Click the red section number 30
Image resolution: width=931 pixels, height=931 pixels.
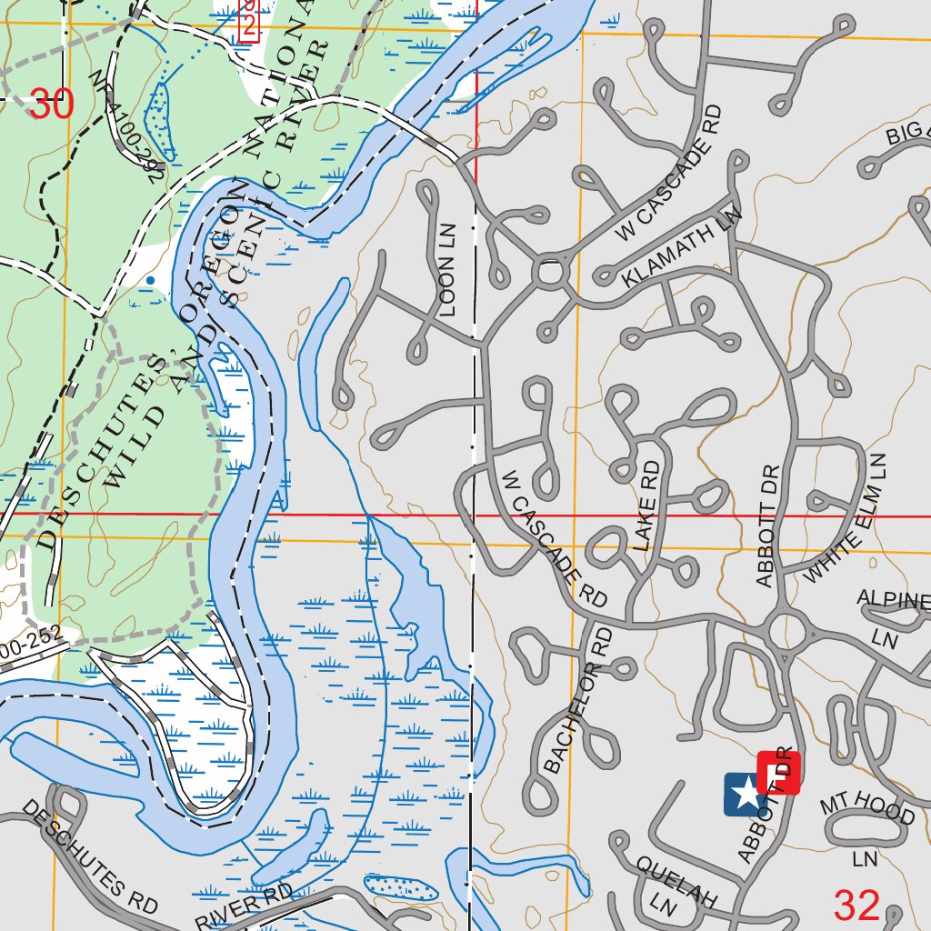[51, 104]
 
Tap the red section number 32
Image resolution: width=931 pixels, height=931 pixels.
[856, 905]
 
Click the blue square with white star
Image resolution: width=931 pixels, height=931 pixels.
[744, 793]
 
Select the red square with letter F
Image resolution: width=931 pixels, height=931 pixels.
[777, 773]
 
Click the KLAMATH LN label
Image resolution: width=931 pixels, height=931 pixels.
[682, 248]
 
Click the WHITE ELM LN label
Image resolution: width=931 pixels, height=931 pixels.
[846, 519]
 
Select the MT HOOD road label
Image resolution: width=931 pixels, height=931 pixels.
[866, 808]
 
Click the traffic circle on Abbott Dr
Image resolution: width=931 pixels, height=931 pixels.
[786, 630]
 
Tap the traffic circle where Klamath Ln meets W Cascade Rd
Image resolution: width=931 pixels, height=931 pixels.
[550, 273]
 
